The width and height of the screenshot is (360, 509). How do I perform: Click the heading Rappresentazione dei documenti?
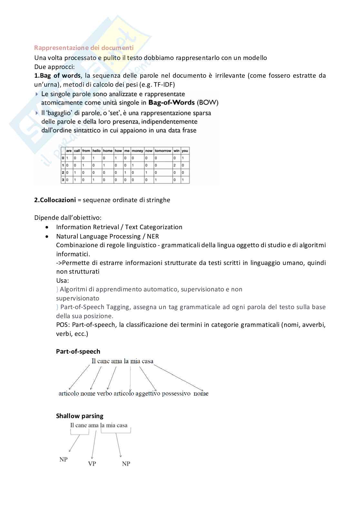pyautogui.click(x=84, y=48)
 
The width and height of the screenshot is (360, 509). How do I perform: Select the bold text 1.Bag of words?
pyautogui.click(x=57, y=75)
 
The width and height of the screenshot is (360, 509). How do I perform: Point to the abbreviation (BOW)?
pyautogui.click(x=207, y=103)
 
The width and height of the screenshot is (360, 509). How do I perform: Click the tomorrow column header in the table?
pyautogui.click(x=163, y=151)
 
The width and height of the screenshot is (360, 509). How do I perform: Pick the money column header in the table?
pyautogui.click(x=137, y=151)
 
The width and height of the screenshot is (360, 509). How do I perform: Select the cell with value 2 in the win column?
pyautogui.click(x=175, y=165)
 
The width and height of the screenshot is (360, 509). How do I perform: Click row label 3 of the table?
pyautogui.click(x=63, y=180)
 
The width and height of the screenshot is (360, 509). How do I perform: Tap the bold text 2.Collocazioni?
pyautogui.click(x=55, y=200)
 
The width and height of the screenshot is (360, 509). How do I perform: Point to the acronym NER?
pyautogui.click(x=153, y=236)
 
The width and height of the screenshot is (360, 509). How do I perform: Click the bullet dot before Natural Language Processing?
pyautogui.click(x=48, y=236)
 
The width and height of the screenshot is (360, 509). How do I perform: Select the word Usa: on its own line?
pyautogui.click(x=63, y=280)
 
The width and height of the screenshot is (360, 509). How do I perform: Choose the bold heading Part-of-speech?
pyautogui.click(x=78, y=351)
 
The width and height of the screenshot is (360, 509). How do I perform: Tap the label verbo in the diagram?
pyautogui.click(x=105, y=393)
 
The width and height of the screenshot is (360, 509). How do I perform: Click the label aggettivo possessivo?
pyautogui.click(x=163, y=393)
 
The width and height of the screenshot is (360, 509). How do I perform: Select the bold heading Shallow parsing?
pyautogui.click(x=80, y=416)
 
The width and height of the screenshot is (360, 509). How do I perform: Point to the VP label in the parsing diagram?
pyautogui.click(x=92, y=464)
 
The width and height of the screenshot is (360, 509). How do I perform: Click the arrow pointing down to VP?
pyautogui.click(x=94, y=445)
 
